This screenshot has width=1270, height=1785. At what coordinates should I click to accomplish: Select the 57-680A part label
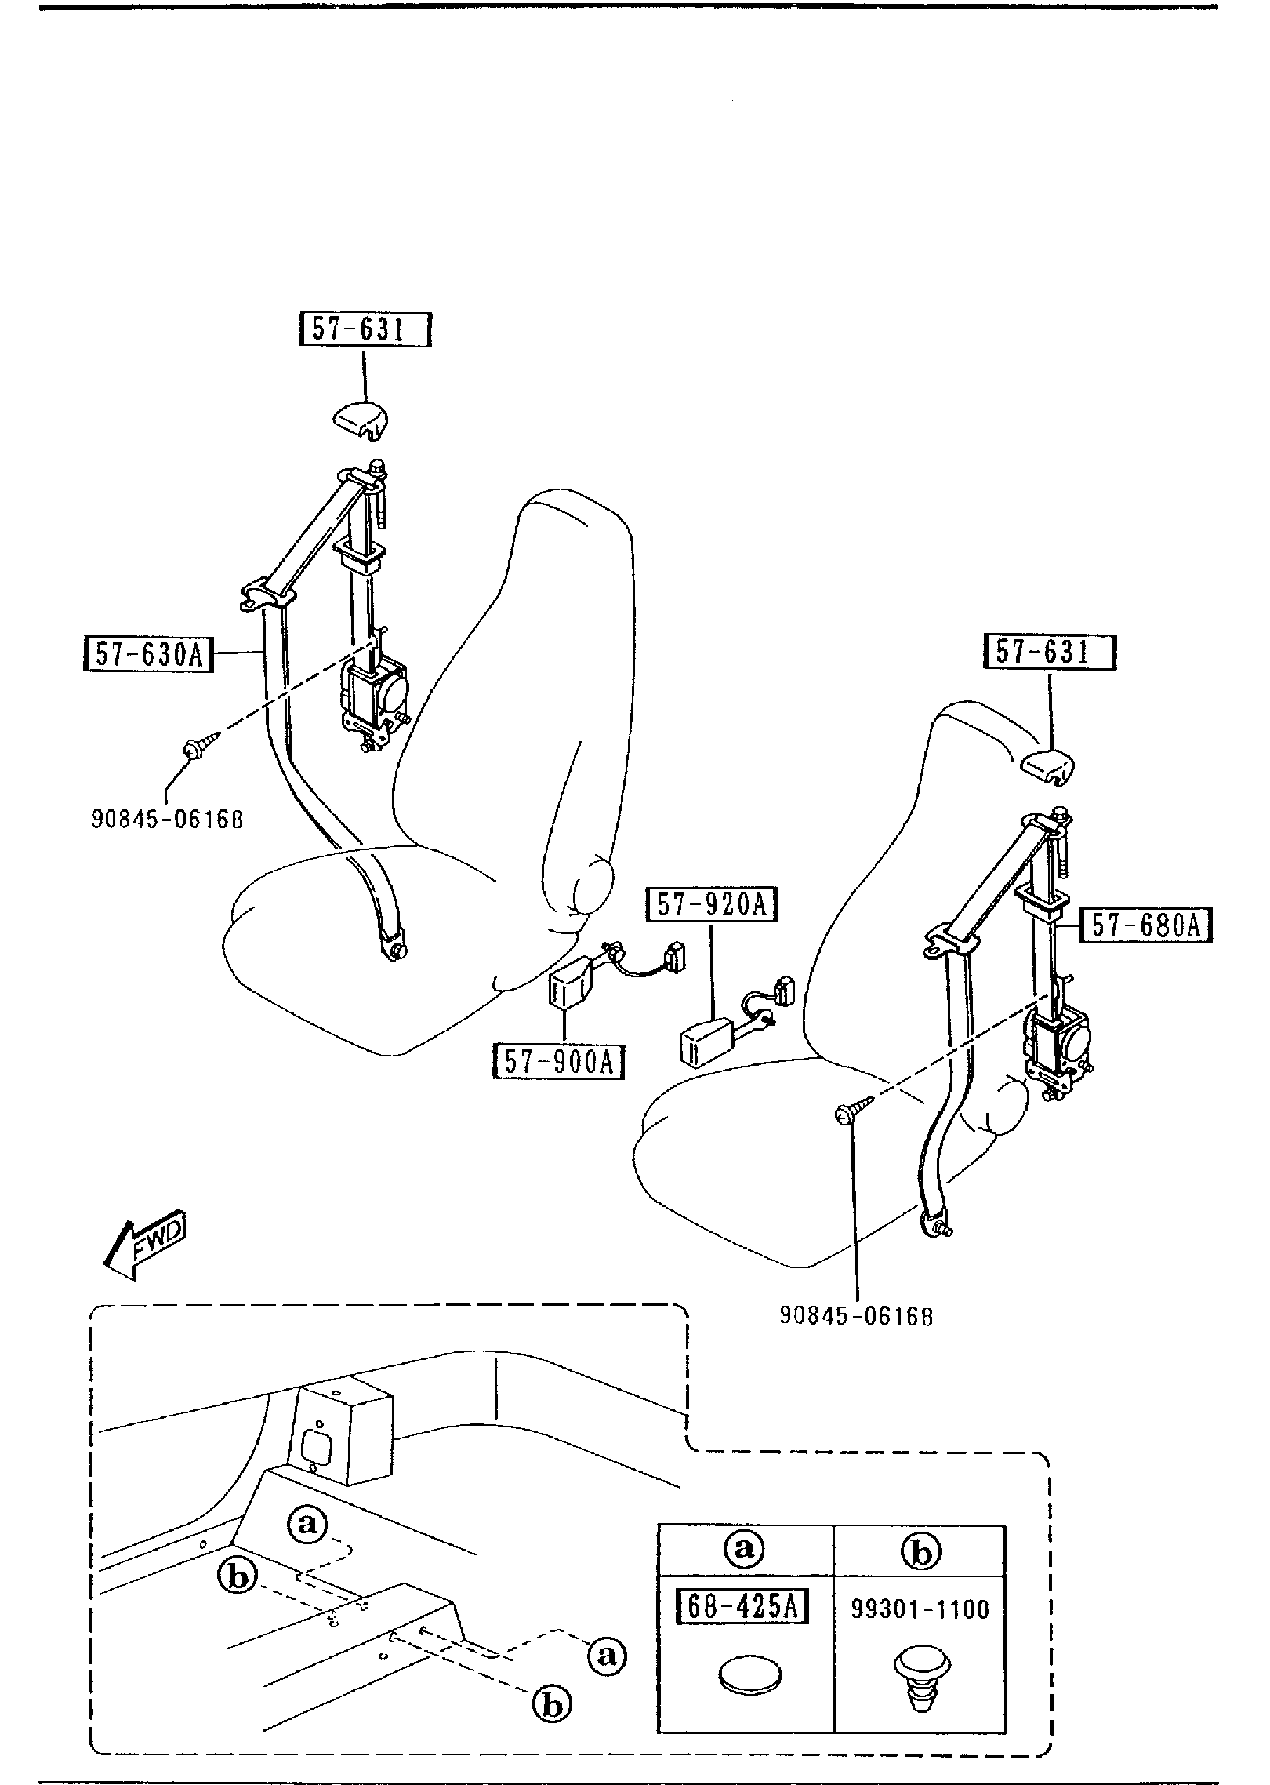[1146, 926]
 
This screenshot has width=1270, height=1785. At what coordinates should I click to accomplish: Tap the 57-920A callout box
[711, 906]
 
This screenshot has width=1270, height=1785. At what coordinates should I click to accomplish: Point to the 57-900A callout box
[559, 1062]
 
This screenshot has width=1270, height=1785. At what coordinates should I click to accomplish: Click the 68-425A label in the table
[742, 1608]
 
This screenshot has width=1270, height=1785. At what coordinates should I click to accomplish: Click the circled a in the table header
[744, 1549]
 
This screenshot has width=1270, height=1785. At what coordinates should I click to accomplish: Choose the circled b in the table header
[921, 1551]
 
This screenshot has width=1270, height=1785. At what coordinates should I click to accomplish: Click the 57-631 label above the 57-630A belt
[366, 330]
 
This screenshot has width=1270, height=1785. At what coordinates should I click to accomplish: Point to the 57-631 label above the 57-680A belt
[1050, 652]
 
